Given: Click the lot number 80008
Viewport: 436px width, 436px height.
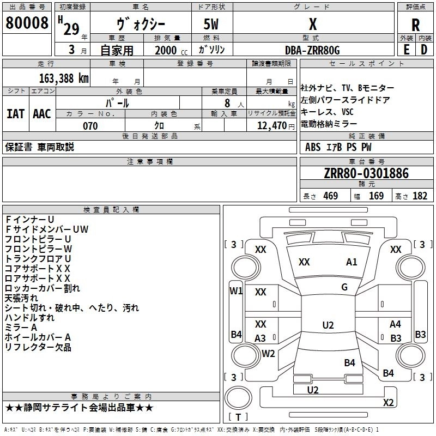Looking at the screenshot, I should (x=27, y=23).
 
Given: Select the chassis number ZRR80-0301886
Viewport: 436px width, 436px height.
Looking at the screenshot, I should (x=366, y=173).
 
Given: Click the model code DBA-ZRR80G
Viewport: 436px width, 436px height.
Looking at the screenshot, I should (x=312, y=50).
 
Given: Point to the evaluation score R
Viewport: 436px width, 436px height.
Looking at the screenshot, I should (x=415, y=25).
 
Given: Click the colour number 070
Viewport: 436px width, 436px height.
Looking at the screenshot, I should (x=90, y=126).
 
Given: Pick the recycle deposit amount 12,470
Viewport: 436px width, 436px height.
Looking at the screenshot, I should (x=270, y=126).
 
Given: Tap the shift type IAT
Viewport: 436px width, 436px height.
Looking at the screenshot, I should (x=15, y=113).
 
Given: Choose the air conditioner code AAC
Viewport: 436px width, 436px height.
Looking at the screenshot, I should (x=41, y=113).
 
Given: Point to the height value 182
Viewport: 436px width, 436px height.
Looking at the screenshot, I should (x=420, y=196).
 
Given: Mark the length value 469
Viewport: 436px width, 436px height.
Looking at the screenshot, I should (x=330, y=196).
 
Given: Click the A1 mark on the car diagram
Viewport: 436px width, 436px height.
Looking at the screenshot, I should (x=352, y=262).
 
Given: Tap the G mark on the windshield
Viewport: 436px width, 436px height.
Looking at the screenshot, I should (x=344, y=287).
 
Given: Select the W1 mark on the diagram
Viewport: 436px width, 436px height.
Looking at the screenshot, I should (x=235, y=290).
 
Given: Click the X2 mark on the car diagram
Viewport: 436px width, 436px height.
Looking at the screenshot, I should (x=388, y=402).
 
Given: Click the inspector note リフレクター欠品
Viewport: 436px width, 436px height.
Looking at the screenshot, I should (x=38, y=347).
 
